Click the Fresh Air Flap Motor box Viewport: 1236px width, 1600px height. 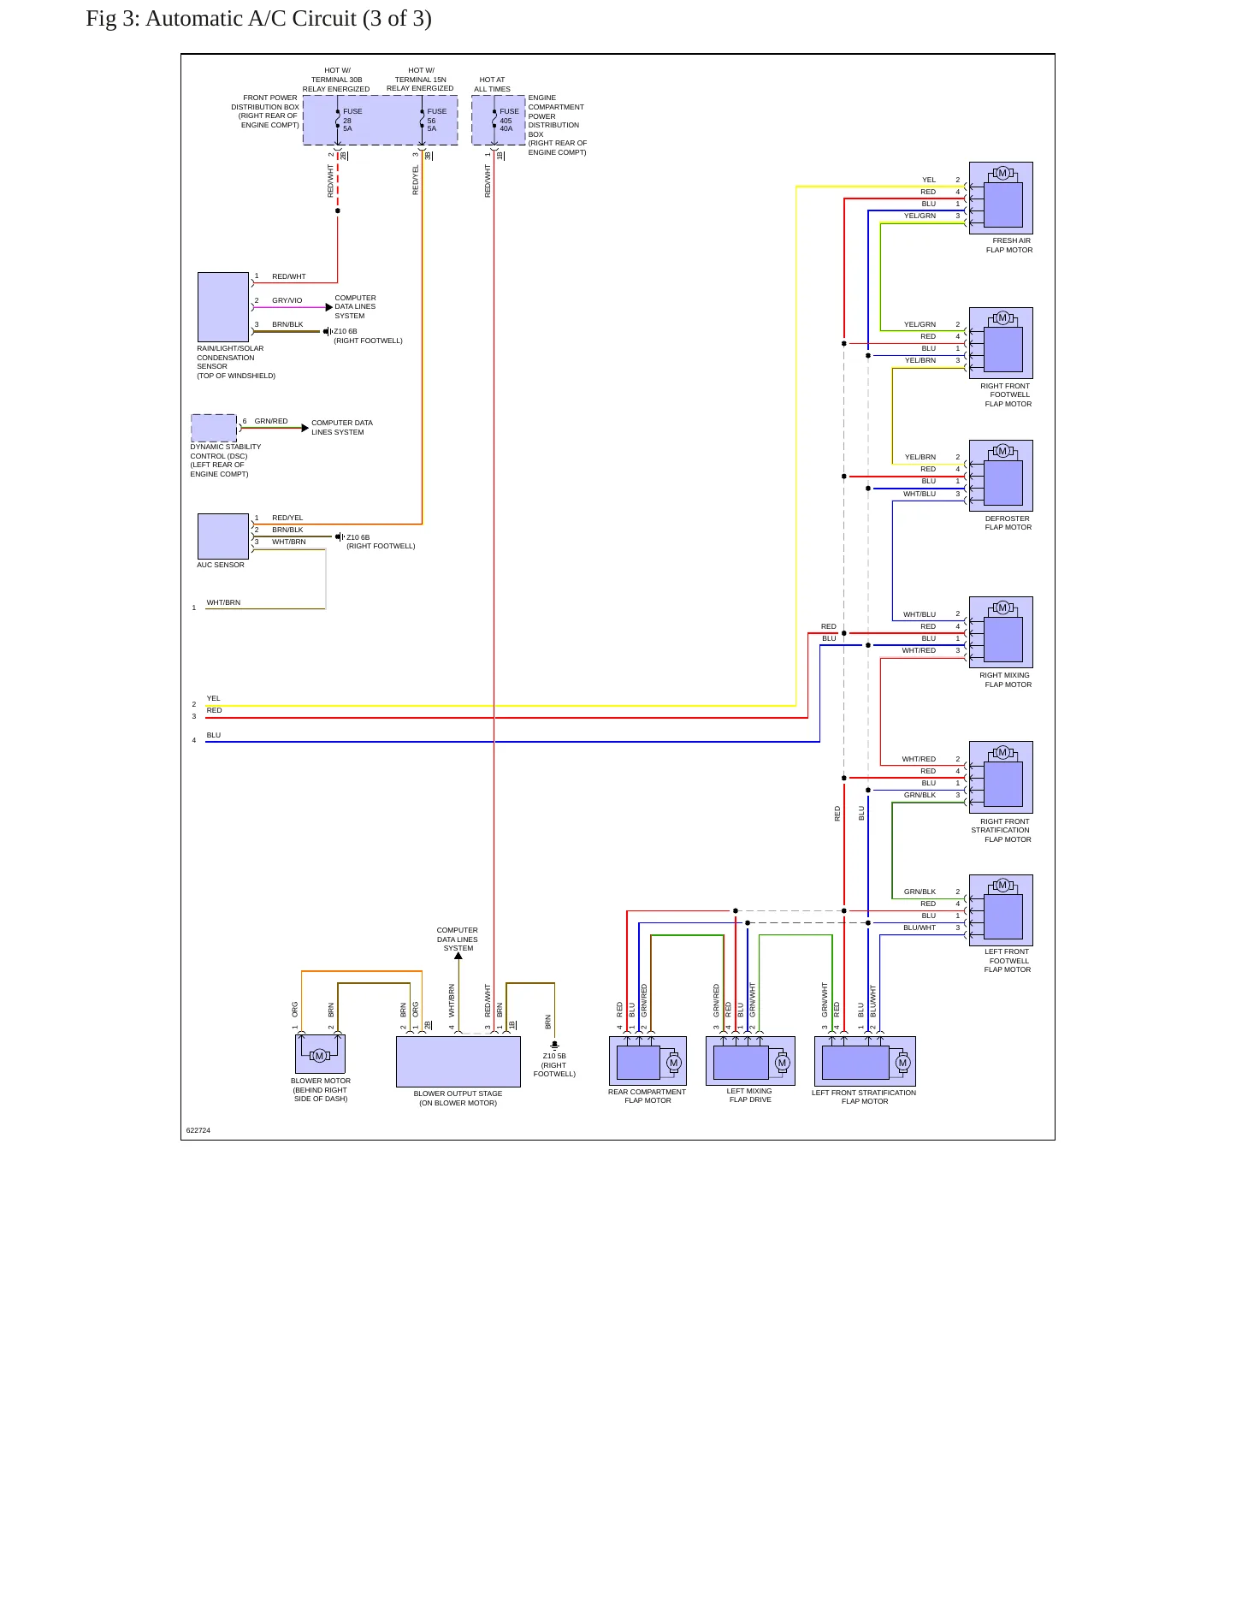click(x=1001, y=198)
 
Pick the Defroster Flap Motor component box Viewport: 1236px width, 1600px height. click(x=1001, y=476)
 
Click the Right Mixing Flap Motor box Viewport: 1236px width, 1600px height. click(x=1001, y=632)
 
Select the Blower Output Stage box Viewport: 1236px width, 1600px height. click(x=458, y=1062)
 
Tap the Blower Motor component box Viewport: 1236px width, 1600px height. click(x=320, y=1054)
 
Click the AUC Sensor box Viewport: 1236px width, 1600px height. click(x=223, y=536)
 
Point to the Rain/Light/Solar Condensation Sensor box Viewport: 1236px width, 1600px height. click(x=223, y=307)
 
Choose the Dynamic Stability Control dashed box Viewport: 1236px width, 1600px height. click(x=214, y=428)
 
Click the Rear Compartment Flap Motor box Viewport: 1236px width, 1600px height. click(x=648, y=1061)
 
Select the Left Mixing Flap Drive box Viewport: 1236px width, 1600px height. click(x=750, y=1061)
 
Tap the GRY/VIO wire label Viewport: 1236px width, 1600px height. click(x=287, y=300)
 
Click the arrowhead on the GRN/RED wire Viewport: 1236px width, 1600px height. click(x=305, y=428)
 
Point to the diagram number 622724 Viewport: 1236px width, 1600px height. click(x=198, y=1130)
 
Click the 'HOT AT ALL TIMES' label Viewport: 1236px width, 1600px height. click(x=493, y=84)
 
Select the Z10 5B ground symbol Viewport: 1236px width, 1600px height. click(x=554, y=1045)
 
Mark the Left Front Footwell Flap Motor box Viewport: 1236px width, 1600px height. click(x=1001, y=910)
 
